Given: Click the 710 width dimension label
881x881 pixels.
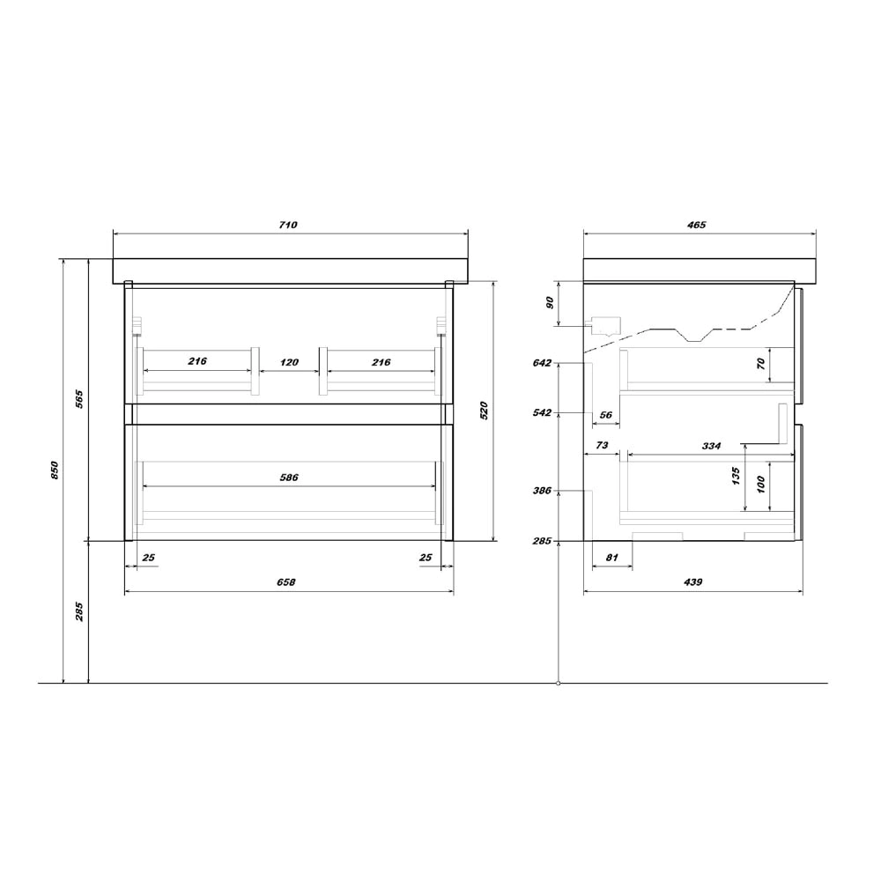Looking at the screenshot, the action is pyautogui.click(x=288, y=225).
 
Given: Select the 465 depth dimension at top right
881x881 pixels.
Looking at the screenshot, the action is pyautogui.click(x=696, y=225).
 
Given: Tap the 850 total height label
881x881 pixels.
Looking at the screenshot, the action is pyautogui.click(x=55, y=470).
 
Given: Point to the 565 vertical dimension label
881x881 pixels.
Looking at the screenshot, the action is pyautogui.click(x=79, y=398).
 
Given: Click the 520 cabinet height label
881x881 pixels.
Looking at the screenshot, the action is pyautogui.click(x=485, y=411).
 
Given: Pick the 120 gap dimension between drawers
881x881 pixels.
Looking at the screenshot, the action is pyautogui.click(x=289, y=362).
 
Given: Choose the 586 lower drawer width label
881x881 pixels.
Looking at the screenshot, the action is pyautogui.click(x=289, y=478).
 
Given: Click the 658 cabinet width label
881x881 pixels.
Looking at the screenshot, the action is pyautogui.click(x=286, y=582).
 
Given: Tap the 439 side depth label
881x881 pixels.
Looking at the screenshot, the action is pyautogui.click(x=692, y=582).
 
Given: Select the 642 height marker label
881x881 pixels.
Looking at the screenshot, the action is pyautogui.click(x=542, y=363).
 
